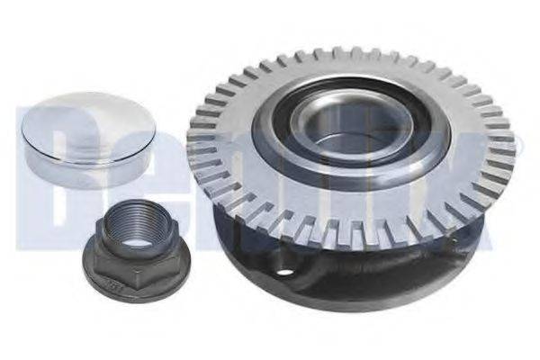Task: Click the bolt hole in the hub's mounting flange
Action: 284,273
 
